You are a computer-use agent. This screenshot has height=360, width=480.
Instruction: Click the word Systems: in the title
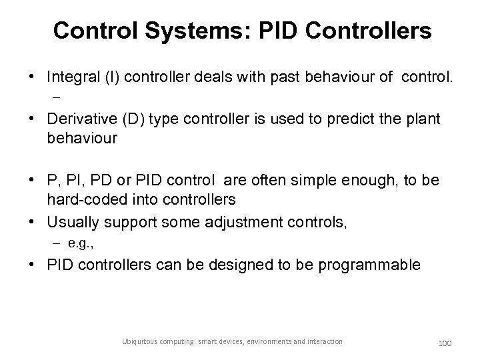195,30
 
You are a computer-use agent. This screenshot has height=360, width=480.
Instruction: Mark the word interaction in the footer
322,341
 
